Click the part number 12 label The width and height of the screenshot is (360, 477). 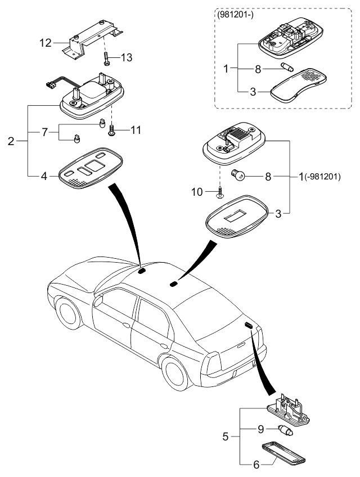[x=46, y=42]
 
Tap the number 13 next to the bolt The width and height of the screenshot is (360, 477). [x=127, y=58]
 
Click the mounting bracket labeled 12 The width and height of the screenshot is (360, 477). [x=93, y=38]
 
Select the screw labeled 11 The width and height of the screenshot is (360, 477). [x=111, y=130]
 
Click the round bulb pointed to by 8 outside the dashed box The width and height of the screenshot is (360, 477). [x=239, y=176]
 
